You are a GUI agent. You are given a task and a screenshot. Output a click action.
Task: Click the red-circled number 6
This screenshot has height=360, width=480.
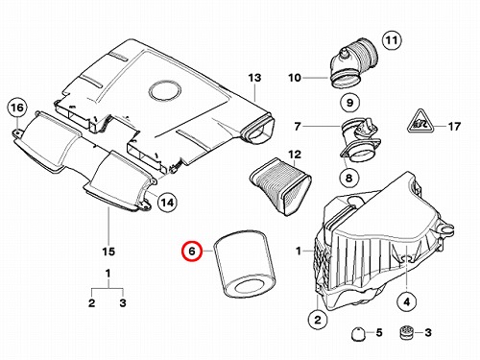191,251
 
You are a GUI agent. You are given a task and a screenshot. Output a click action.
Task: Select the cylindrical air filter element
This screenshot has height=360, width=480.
245,265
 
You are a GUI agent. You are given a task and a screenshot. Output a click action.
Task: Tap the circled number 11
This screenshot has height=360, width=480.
392,40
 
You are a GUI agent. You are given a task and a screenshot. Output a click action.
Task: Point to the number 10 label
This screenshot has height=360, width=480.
295,78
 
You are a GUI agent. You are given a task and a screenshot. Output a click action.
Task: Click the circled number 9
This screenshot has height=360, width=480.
349,103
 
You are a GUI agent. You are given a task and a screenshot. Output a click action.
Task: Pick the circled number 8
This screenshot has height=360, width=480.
348,178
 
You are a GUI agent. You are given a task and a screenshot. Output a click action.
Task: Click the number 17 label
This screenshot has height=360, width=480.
454,127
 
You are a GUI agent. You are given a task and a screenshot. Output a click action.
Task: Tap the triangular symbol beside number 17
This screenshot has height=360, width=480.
420,121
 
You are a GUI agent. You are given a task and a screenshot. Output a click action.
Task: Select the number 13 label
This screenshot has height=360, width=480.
254,78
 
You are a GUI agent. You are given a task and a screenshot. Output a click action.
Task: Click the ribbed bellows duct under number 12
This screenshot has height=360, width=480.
280,185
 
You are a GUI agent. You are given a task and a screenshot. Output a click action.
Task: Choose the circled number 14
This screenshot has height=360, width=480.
167,203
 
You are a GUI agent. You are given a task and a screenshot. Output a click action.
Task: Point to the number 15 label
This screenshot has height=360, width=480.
108,252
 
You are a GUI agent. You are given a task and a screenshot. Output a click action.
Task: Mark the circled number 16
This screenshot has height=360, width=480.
17,108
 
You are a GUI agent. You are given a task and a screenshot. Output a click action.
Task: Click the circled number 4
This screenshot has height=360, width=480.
407,301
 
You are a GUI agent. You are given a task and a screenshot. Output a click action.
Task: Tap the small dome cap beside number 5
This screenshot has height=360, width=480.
358,335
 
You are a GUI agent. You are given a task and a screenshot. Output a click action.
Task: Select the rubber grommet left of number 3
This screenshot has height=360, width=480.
407,332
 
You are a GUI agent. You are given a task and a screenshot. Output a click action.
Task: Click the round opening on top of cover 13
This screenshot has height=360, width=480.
164,90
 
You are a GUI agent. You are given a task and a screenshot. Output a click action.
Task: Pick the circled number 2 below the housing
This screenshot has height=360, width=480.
318,320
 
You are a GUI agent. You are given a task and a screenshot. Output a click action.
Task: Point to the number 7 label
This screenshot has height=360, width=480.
298,127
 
